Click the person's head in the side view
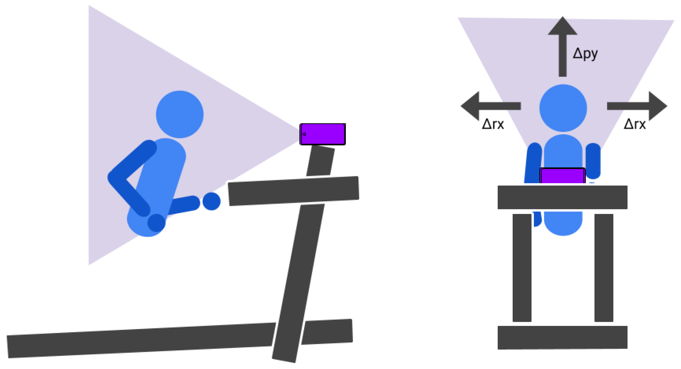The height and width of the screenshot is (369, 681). coord(180,114)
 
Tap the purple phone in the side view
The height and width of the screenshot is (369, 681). coord(323,134)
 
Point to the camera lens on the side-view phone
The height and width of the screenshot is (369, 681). coord(304,134)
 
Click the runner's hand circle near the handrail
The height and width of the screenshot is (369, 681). coord(211,201)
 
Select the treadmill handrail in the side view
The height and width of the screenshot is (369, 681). coord(293,191)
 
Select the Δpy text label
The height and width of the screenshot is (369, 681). coord(585,54)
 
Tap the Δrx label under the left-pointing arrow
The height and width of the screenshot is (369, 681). coord(493,124)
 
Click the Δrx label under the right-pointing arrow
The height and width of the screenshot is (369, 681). coord(635,124)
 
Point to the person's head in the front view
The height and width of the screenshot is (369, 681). coord(563,108)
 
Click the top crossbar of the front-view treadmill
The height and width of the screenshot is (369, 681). coord(563,197)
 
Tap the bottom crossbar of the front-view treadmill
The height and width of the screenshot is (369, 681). coord(563,337)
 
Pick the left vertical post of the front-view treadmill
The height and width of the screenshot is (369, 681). coord(522,268)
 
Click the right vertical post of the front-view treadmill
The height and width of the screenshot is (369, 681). coord(604,268)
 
